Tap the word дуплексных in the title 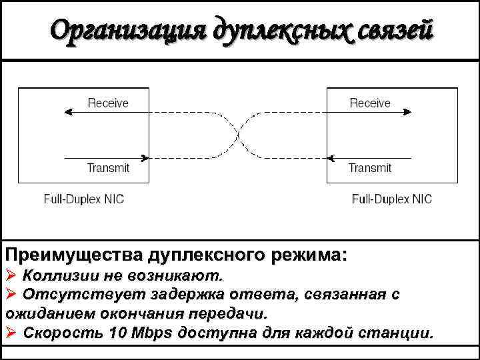(x=261, y=31)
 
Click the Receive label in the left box (x=109, y=103)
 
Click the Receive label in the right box (x=370, y=103)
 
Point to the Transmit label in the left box (x=108, y=168)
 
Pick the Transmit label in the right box (x=370, y=168)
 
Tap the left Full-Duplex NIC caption (x=84, y=199)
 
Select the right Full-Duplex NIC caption (x=392, y=199)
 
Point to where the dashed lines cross (x=238, y=136)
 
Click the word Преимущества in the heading (x=74, y=255)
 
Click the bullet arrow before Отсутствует (x=11, y=293)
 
